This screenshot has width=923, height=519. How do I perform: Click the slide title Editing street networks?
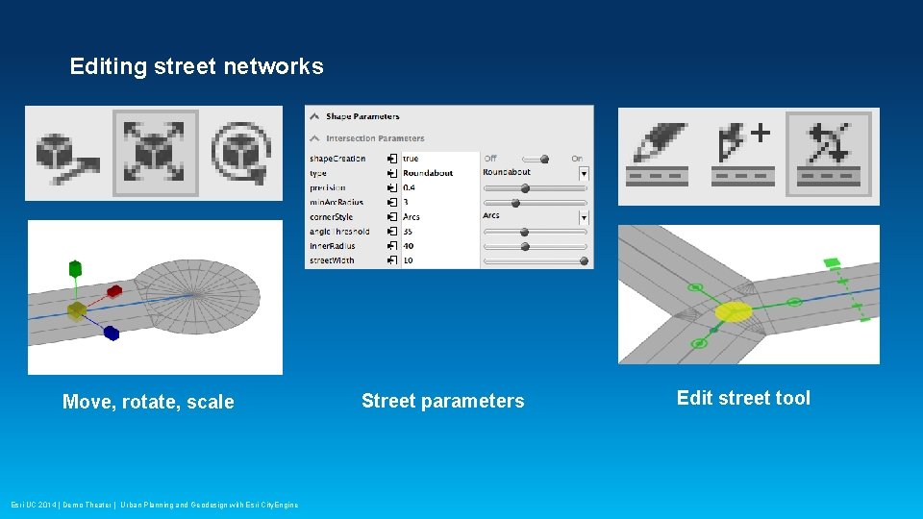point(196,66)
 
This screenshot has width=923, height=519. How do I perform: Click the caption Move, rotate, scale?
point(148,402)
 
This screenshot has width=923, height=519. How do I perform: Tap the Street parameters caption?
point(442,401)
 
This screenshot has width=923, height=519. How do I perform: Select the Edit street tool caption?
point(743,398)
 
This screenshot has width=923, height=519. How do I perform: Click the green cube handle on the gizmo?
point(75,269)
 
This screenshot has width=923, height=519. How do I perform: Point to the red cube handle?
point(114,290)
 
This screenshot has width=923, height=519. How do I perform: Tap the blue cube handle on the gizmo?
point(111,334)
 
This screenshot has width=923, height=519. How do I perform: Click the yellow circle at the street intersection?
point(734,311)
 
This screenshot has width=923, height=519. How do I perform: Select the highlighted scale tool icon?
point(155,153)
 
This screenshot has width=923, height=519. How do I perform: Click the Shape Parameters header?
point(363,116)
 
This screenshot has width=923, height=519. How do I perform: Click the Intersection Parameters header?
point(375,138)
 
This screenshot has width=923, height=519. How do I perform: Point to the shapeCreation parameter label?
point(337,159)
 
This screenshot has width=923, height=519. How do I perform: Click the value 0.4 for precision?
point(410,187)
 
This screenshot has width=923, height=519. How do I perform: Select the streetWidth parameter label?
point(332,260)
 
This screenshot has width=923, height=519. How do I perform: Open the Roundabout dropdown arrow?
point(584,173)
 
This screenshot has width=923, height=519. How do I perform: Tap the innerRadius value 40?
point(409,246)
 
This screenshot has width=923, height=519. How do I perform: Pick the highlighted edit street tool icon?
point(832,153)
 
